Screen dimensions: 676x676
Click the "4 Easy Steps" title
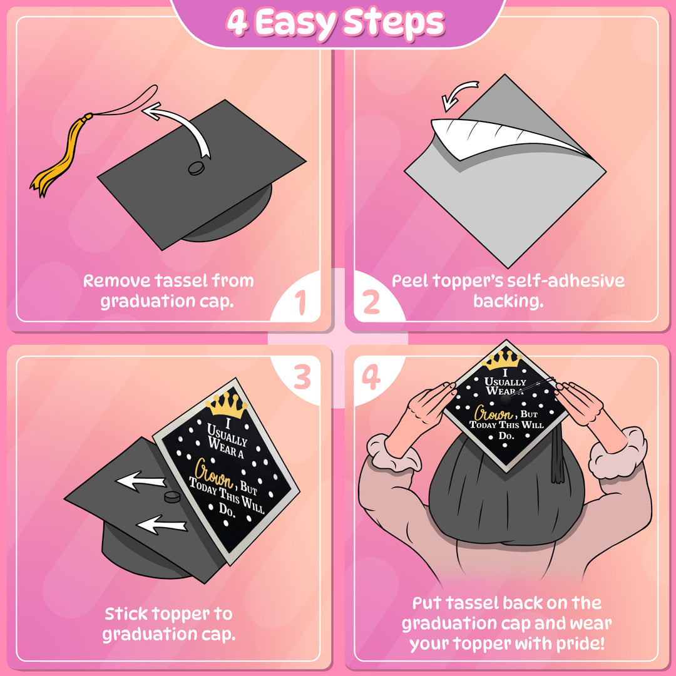click(335, 23)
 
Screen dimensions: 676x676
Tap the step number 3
click(302, 377)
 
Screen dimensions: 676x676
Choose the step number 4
click(372, 377)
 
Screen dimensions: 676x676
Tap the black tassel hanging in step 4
click(556, 457)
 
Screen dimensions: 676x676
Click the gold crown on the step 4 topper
click(504, 359)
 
